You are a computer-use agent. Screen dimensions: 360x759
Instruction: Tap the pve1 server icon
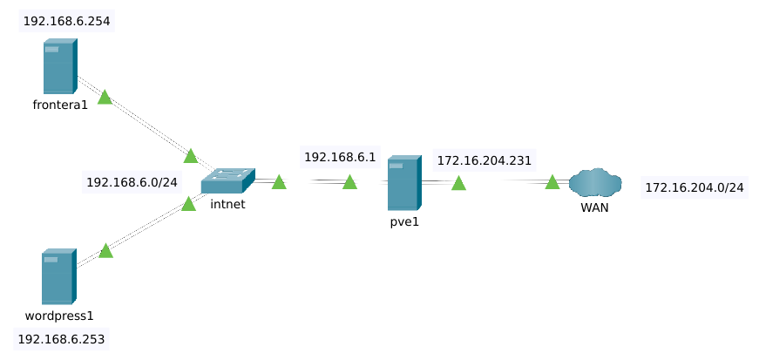(x=403, y=183)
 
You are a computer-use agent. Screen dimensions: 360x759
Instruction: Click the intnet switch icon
(x=227, y=180)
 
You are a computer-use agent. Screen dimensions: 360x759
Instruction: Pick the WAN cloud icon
(x=595, y=183)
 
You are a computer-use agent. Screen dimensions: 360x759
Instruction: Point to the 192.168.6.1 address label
(x=339, y=157)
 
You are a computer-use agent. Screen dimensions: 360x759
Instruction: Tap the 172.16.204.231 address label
(x=485, y=160)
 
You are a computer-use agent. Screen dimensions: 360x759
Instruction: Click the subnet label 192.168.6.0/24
(x=132, y=183)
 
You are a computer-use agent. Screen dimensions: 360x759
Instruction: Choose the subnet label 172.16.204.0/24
(x=694, y=187)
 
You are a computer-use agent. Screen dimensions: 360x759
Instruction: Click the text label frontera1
(x=60, y=105)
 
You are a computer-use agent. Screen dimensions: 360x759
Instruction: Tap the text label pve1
(x=404, y=221)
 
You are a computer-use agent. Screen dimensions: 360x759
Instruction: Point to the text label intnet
(x=227, y=205)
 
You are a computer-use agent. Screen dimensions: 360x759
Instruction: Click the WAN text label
(x=595, y=207)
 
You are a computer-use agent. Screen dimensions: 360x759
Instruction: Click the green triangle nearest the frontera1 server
(x=105, y=98)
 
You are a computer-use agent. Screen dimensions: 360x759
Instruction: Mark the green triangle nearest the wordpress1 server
(x=105, y=251)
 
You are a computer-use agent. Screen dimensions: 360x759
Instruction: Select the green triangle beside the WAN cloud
(x=552, y=182)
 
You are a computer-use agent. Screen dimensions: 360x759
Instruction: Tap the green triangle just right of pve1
(x=458, y=183)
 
